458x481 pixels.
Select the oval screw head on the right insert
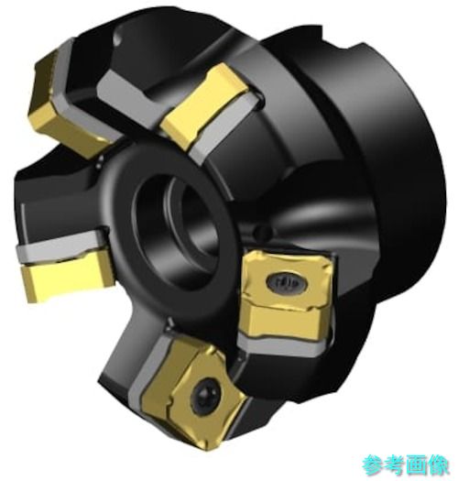[x=286, y=281]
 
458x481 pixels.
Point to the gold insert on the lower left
[x=67, y=278]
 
